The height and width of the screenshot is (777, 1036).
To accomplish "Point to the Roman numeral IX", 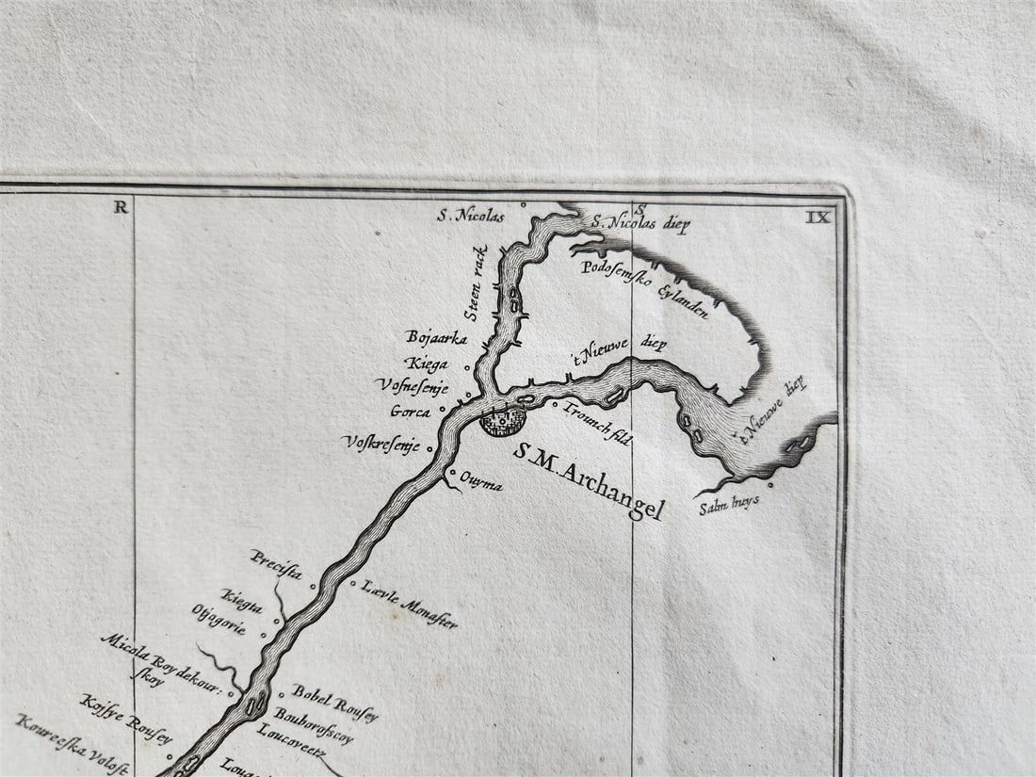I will (817, 217).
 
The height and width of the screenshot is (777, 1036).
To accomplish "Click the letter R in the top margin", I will (121, 207).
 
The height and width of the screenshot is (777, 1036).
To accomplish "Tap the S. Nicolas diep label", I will (641, 224).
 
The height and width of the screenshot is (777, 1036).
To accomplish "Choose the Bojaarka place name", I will (436, 336).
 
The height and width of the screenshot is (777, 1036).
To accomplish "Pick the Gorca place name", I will (411, 412).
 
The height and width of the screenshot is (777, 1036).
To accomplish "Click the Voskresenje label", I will (380, 443).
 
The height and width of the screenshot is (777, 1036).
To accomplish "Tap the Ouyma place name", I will (480, 484).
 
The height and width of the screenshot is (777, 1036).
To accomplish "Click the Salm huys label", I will (729, 503).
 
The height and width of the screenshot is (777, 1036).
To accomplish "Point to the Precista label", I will (276, 563).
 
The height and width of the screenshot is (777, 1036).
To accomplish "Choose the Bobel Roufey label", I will (334, 703).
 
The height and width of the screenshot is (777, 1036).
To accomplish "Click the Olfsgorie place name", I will (219, 620).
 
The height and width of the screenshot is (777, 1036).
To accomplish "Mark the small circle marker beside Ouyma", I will (454, 473).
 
